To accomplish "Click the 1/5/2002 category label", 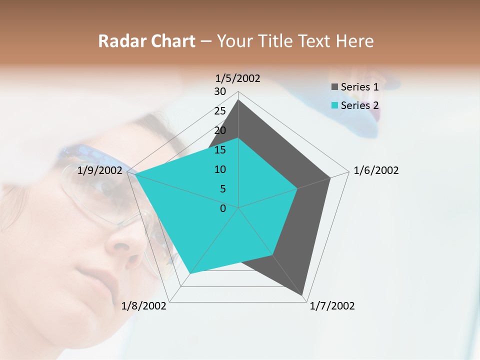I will coord(238,78).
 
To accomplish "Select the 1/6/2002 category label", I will coord(376,170).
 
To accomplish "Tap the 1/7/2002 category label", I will coord(332,306).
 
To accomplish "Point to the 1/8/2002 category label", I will coord(144,306).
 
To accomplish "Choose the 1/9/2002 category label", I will coord(100,170).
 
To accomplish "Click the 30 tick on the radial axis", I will coord(220,91).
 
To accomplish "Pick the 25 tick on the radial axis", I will coord(220,111).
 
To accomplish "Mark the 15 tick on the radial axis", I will coord(220,150).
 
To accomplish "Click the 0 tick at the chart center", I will coord(223,208).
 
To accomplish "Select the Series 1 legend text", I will coord(359,87).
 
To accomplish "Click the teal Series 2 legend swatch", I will coord(334,105).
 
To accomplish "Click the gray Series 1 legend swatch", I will coord(334,87).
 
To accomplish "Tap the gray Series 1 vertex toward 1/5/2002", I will coord(238,100).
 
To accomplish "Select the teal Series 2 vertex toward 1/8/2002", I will coord(190,273).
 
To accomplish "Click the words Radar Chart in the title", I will coord(146,41).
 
